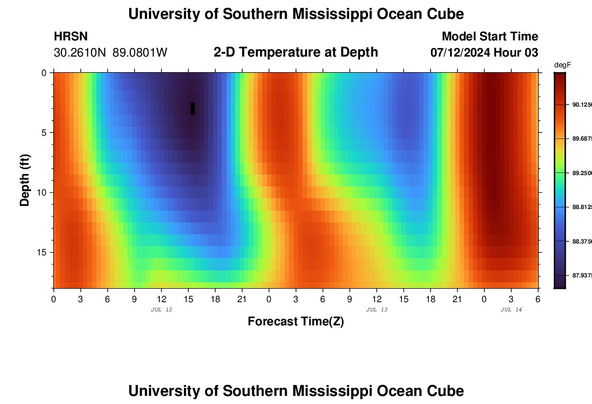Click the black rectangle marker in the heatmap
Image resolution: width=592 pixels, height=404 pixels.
coord(193,108)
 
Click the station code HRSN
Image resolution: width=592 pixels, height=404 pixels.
coord(71,37)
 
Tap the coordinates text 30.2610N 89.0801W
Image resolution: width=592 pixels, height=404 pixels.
coord(110,52)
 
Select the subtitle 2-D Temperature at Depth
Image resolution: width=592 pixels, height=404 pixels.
coord(295,52)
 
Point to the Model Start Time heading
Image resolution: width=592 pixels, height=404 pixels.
coord(490,37)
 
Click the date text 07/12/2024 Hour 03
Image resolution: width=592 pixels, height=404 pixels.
coord(484,52)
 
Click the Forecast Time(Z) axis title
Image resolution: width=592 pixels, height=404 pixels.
coord(295,322)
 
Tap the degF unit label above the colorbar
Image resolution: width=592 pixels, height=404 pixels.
coord(562,65)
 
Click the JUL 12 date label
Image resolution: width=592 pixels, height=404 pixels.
coord(161,310)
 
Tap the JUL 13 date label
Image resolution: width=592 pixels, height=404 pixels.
coord(377,310)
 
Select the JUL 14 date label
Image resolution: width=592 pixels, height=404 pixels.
coord(511,310)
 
